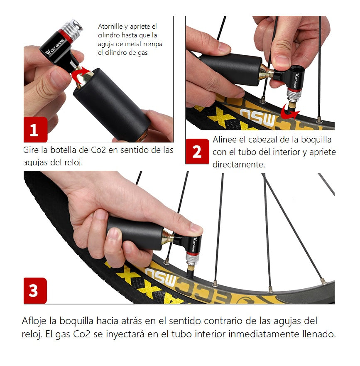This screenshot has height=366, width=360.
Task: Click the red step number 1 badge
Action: (x=35, y=130)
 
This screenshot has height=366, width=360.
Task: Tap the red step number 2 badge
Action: (x=197, y=151)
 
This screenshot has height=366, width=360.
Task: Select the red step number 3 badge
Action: (x=35, y=291)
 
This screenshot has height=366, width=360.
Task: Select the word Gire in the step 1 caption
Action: (x=31, y=150)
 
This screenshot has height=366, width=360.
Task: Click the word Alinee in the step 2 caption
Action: (x=225, y=140)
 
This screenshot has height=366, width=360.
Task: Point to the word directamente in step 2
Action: (x=239, y=165)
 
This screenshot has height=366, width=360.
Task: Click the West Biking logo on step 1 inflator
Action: (x=54, y=47)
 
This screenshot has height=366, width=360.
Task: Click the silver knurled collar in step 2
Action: (x=294, y=94)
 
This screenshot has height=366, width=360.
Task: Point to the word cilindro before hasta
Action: (x=109, y=35)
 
